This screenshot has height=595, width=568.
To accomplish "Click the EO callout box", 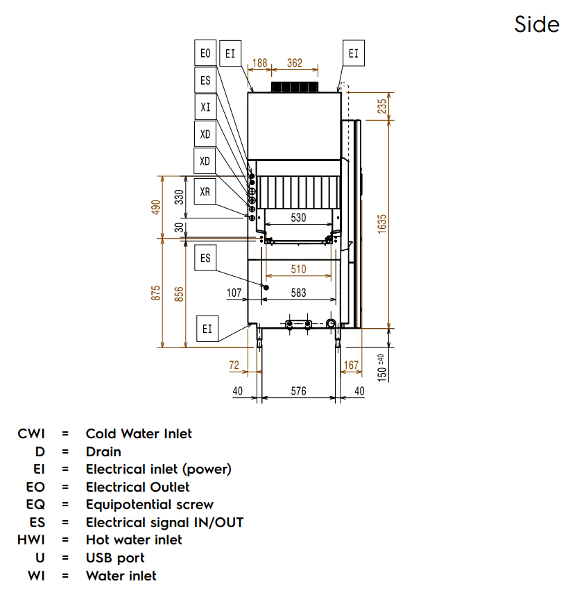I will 205,53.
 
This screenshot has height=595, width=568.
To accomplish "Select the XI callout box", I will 205,107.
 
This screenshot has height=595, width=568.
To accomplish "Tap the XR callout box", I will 205,192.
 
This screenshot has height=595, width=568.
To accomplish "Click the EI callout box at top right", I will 354,53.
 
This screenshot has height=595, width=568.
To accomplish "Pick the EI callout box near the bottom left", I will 207,329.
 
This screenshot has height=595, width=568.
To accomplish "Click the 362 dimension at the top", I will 295,63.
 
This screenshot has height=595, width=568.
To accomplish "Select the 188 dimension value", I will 259,63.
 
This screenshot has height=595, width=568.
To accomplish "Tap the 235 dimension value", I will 382,105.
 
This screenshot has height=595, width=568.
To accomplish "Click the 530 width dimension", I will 298,218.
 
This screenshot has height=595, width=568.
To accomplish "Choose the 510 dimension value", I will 298,269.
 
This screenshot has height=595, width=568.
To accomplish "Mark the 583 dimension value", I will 298,293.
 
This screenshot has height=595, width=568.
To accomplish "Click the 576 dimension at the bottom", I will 298,391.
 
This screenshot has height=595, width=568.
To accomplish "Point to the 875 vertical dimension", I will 156,293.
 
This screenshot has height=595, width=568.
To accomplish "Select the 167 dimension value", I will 351,365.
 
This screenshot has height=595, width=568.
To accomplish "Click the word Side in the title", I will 537,24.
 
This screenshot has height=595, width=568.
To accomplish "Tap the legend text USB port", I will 115,558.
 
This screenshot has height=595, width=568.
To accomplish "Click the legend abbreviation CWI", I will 31,433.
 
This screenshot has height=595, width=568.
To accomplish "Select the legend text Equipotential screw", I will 149,504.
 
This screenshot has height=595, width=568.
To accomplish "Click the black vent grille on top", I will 295,87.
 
